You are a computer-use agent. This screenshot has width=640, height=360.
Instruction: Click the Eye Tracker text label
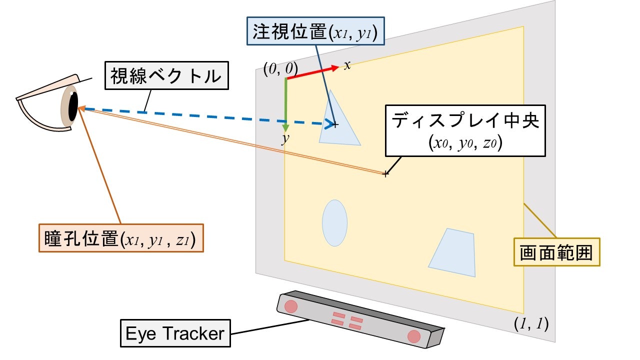point(175,333)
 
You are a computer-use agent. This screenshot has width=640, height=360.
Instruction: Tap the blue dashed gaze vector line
point(200,116)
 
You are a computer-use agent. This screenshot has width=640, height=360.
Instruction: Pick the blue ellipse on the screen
point(334,223)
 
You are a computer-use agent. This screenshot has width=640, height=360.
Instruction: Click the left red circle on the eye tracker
point(290,305)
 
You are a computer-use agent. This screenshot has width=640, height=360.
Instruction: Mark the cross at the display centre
point(385,174)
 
